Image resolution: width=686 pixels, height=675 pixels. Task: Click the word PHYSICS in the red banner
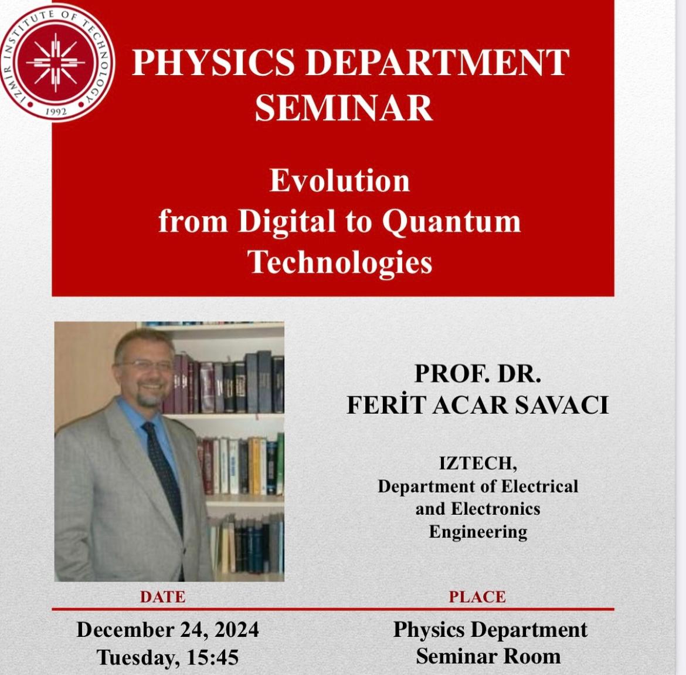pos(213,63)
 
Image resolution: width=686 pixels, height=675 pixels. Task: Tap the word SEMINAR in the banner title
pos(344,108)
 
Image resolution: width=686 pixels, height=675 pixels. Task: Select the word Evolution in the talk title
pos(340,180)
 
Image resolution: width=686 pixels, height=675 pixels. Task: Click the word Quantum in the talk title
pos(451,222)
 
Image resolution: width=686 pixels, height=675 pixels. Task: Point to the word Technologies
pos(340,263)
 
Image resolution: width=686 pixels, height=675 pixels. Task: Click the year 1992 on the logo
pos(56,112)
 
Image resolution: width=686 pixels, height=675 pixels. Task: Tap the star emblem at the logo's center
pos(56,62)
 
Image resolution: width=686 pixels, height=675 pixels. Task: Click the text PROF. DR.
pos(477,374)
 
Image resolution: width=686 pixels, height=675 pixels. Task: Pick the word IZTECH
pos(478,464)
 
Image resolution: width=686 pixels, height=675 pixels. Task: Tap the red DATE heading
pos(163,597)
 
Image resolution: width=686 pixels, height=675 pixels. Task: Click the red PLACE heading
pos(477,597)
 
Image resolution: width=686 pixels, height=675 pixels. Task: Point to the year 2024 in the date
pos(237,630)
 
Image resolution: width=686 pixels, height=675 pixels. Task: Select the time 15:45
pos(213,657)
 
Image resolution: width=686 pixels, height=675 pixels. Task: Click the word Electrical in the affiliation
pos(539,486)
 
